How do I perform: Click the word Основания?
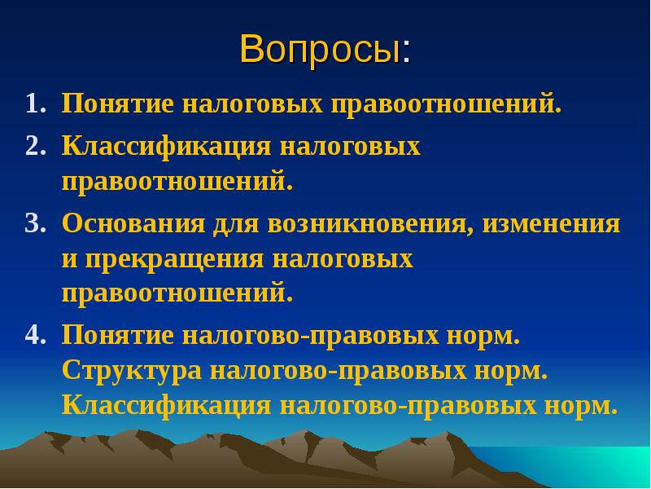click(133, 224)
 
